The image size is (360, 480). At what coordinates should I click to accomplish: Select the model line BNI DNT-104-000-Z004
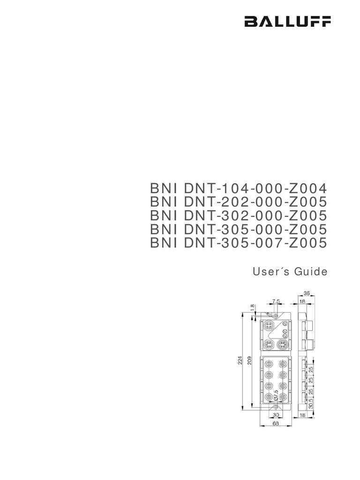click(x=237, y=188)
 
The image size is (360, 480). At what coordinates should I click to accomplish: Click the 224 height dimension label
click(x=240, y=360)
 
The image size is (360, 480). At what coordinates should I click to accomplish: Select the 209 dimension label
click(x=250, y=360)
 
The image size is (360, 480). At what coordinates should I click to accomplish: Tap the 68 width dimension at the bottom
click(x=276, y=423)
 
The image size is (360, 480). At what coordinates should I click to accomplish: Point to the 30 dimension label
click(x=276, y=415)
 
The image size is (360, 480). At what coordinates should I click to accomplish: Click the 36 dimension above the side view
click(x=307, y=294)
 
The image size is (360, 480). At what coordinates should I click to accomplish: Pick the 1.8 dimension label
click(x=252, y=307)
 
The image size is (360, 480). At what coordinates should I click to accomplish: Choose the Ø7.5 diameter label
click(x=276, y=395)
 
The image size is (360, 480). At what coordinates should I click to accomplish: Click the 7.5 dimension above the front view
click(x=276, y=301)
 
